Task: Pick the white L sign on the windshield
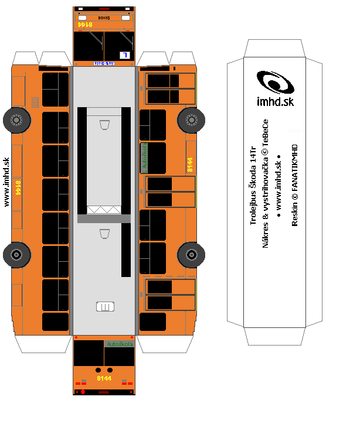124,55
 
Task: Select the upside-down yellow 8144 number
86,24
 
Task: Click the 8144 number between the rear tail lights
104,378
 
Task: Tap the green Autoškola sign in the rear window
119,344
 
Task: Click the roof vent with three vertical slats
104,306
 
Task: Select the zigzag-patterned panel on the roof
104,209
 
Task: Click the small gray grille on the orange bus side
35,102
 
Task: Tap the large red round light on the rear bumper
83,391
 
